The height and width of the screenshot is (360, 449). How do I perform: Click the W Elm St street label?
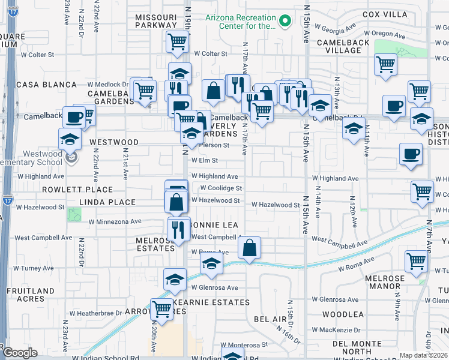(x=205, y=160)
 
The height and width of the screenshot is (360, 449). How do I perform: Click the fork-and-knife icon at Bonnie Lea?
(x=177, y=229)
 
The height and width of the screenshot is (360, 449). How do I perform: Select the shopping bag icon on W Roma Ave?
(x=250, y=247)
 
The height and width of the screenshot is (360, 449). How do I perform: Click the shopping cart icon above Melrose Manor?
(x=416, y=261)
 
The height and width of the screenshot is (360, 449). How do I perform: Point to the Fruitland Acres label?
(x=27, y=295)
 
